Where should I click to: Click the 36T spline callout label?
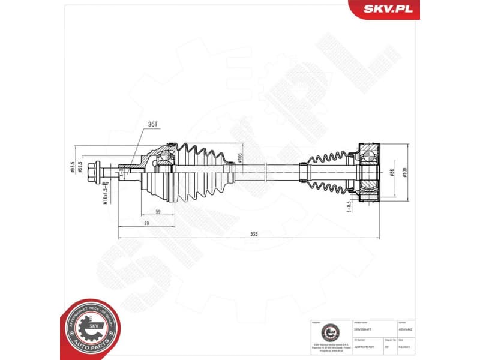pyautogui.click(x=152, y=124)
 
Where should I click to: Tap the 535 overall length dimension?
pyautogui.click(x=254, y=235)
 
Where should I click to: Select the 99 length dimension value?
pyautogui.click(x=145, y=223)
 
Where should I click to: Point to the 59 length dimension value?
pyautogui.click(x=157, y=212)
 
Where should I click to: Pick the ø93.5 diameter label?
pyautogui.click(x=73, y=166)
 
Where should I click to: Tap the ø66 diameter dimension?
pyautogui.click(x=391, y=172)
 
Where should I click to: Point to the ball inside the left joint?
pyautogui.click(x=164, y=157)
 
